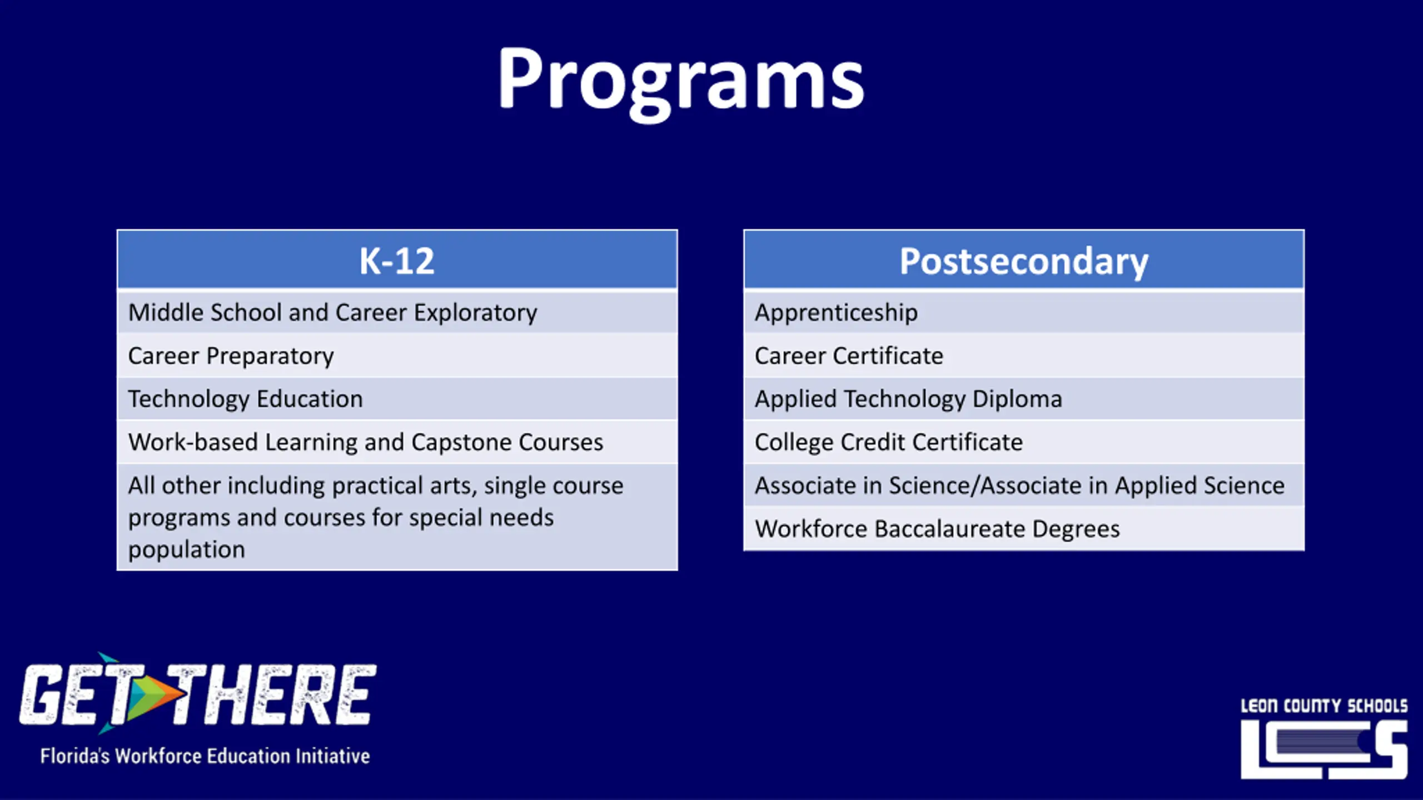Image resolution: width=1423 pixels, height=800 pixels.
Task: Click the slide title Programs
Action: point(680,82)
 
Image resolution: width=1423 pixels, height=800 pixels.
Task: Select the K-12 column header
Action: point(396,261)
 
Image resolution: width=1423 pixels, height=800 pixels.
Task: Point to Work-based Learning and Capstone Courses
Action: point(365,442)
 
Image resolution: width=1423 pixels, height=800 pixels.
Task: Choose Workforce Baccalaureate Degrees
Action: point(937,529)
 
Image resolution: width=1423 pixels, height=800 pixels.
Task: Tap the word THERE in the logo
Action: point(272,694)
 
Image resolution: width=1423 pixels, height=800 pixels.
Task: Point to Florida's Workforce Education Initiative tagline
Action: point(205,756)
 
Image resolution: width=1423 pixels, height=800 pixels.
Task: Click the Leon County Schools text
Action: point(1324,706)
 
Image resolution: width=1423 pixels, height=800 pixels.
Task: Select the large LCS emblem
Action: point(1324,749)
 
